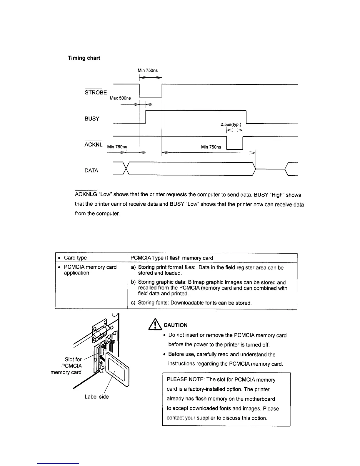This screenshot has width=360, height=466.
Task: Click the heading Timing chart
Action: point(84,58)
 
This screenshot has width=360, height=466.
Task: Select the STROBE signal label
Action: point(96,92)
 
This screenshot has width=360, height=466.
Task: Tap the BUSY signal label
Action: point(92,119)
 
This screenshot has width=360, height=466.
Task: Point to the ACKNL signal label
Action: point(93,144)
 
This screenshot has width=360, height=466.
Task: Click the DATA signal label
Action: point(91,171)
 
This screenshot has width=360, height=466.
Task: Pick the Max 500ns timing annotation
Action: point(120,98)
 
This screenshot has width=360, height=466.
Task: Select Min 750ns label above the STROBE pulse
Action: point(148,70)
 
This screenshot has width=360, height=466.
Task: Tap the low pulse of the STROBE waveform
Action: point(151,94)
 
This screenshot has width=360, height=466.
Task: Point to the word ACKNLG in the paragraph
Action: point(86,194)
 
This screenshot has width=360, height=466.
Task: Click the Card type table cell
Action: point(75,258)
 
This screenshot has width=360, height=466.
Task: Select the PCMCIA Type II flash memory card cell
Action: point(171,258)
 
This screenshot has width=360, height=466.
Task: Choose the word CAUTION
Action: point(176,325)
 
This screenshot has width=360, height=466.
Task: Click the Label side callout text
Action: point(96,397)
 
